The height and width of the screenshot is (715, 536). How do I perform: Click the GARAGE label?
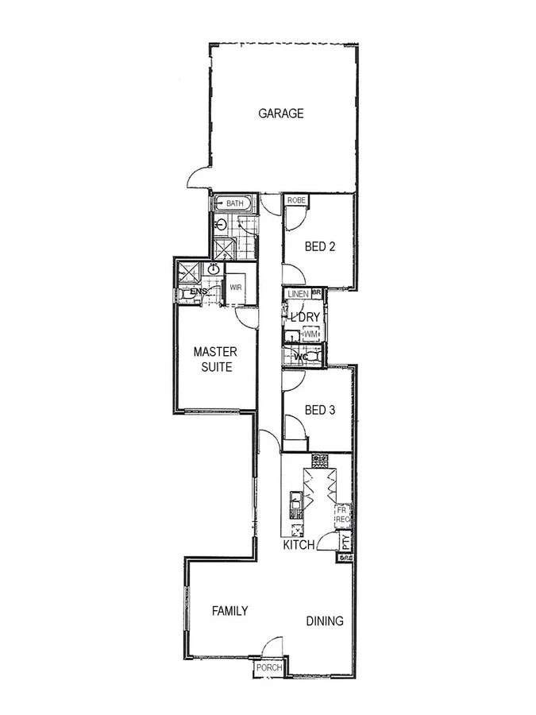(280, 113)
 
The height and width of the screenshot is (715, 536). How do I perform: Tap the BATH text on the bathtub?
(234, 204)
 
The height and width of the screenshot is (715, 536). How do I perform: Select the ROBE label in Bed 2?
(297, 200)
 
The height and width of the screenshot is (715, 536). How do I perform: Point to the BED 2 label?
(320, 246)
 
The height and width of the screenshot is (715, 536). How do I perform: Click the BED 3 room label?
(320, 410)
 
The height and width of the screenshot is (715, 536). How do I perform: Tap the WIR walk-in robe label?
(236, 288)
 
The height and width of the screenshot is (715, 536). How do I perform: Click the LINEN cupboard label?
(299, 294)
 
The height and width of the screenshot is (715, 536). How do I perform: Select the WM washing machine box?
(310, 335)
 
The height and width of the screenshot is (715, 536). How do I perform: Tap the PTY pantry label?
(345, 543)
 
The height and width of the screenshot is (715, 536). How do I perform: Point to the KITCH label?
(299, 545)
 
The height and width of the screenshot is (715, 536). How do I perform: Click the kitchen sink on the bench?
(295, 500)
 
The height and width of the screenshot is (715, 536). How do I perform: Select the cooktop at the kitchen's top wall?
(320, 459)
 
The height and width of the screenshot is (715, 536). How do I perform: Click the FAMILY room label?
(229, 611)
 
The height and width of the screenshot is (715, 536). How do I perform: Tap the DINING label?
(325, 621)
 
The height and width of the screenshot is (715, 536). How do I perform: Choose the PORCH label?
(268, 668)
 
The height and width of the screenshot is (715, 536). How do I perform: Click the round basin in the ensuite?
(214, 270)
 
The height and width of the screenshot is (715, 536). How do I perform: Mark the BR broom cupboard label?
(316, 292)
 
